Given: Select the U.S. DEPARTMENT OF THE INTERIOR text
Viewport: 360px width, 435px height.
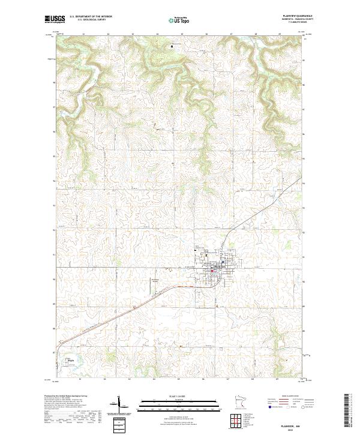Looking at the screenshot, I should (91, 16).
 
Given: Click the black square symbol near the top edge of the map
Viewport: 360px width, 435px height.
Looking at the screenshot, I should (173, 45).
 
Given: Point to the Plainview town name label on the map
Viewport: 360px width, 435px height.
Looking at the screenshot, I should (213, 267).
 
